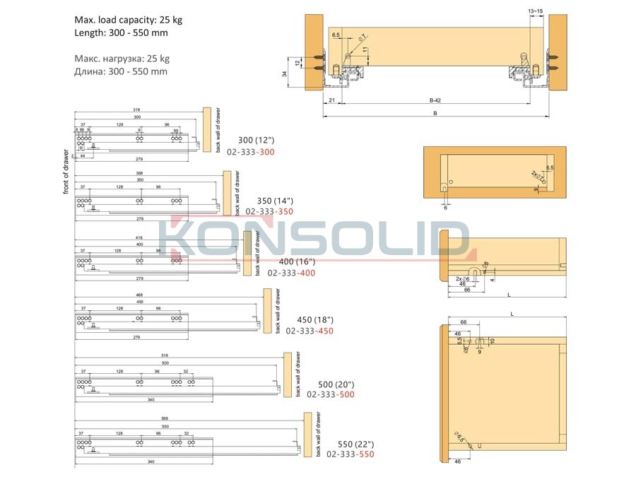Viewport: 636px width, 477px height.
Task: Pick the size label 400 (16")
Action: tap(296, 261)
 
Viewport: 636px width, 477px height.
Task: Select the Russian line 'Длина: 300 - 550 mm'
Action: tap(121, 71)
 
